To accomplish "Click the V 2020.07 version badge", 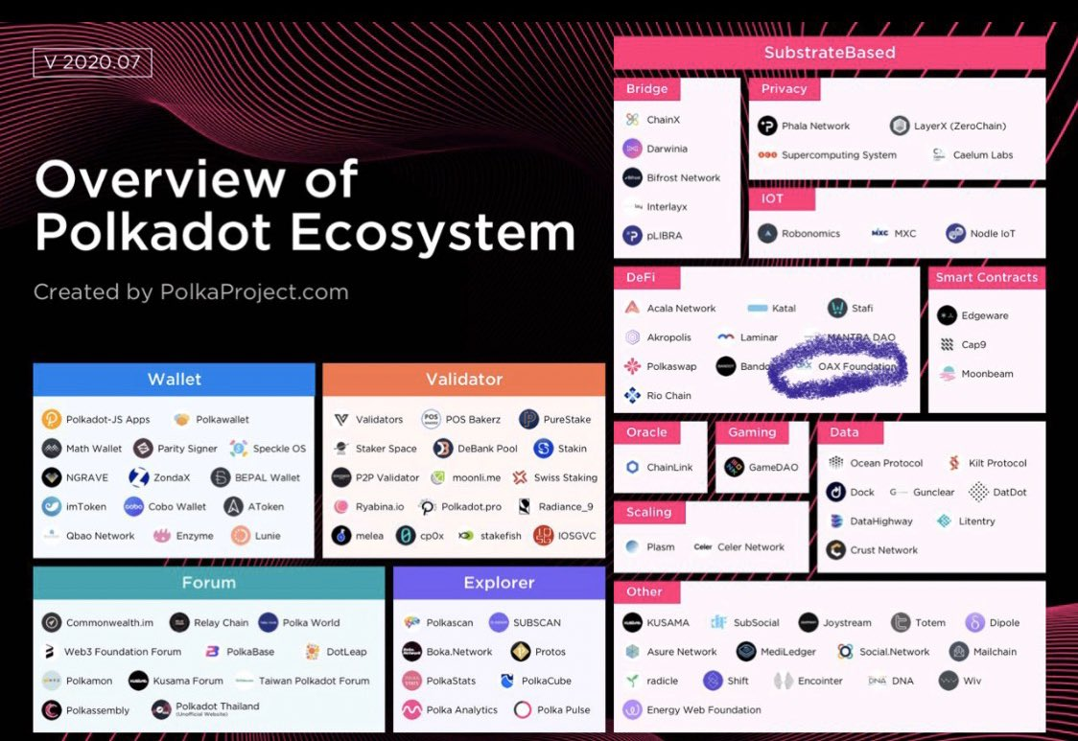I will click(92, 62).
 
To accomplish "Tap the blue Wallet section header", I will click(174, 380).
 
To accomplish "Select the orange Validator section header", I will click(464, 380).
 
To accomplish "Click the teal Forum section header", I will click(208, 583).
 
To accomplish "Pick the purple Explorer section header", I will click(499, 583).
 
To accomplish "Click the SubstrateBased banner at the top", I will click(830, 53).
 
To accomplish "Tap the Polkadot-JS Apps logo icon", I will click(52, 419).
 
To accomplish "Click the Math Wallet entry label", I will click(94, 449).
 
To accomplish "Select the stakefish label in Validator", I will click(502, 536).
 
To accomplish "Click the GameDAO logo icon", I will click(734, 468).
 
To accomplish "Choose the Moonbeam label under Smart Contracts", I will click(987, 374).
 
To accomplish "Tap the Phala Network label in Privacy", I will click(816, 126).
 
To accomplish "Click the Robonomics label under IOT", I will click(810, 233).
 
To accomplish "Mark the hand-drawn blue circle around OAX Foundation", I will click(837, 366).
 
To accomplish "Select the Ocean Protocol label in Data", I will click(886, 463).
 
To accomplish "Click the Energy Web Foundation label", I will click(704, 710).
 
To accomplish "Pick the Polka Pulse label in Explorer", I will click(563, 710).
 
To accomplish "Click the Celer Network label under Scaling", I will click(751, 547).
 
